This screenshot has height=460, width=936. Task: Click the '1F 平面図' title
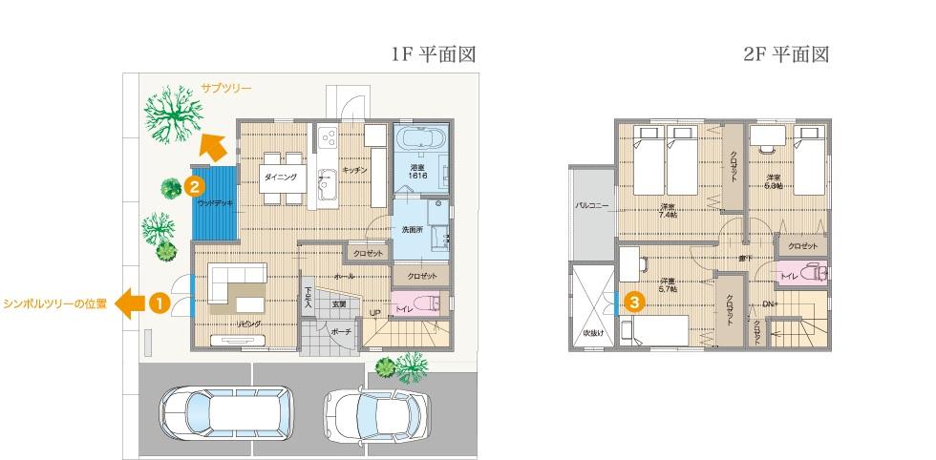[x=433, y=55]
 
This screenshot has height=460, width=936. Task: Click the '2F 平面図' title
[x=786, y=55]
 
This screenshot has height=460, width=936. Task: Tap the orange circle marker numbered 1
[x=159, y=303]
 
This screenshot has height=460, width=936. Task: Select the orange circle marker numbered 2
[x=194, y=178]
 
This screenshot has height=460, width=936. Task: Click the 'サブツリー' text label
[x=226, y=88]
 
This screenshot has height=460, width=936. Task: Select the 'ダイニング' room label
[x=279, y=178]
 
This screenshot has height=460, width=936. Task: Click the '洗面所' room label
[x=412, y=229]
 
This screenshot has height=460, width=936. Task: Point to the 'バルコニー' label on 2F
[x=592, y=204]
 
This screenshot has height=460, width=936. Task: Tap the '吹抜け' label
[x=594, y=333]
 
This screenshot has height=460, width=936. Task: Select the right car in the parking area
[x=373, y=416]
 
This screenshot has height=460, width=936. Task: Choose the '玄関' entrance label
[x=339, y=303]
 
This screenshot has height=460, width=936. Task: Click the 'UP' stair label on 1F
[x=374, y=313]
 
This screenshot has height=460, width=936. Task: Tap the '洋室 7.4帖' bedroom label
[x=667, y=210]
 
